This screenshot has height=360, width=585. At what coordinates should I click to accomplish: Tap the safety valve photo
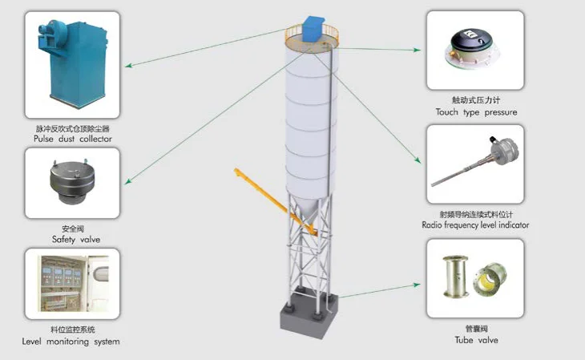click(71, 182)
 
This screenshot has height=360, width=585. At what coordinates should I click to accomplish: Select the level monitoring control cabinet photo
click(74, 284)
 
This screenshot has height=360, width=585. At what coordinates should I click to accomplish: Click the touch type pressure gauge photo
click(472, 50)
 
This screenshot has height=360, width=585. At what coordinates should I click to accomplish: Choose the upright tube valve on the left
click(455, 277)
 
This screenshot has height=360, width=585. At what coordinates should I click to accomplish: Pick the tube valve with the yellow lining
click(490, 279)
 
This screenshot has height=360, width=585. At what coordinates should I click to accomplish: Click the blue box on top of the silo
click(313, 29)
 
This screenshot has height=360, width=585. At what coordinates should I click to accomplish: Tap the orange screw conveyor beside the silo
click(276, 202)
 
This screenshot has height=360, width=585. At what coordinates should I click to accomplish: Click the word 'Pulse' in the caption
click(43, 139)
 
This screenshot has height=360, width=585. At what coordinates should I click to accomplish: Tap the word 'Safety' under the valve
click(63, 240)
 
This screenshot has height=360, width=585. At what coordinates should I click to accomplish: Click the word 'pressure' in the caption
click(501, 112)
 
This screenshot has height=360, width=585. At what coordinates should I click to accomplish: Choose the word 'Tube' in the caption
click(464, 340)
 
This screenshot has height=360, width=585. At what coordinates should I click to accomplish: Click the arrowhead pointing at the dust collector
click(128, 66)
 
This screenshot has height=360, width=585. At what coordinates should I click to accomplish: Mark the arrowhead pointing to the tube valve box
click(417, 285)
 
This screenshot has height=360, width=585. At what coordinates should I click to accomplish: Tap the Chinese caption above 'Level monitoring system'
click(73, 330)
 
